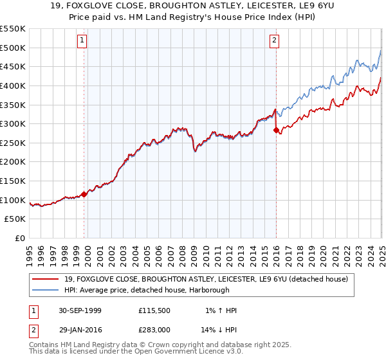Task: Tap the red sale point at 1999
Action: [x=84, y=194]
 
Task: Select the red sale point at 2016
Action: [x=276, y=130]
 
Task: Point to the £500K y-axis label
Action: [x=13, y=48]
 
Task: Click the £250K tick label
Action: [x=13, y=143]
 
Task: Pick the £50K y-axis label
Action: [x=15, y=219]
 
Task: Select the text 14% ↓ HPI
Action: [x=219, y=331]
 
